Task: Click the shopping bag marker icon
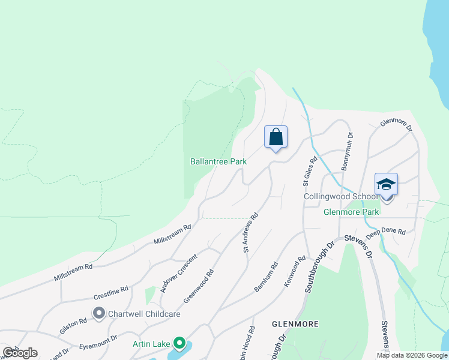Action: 276,137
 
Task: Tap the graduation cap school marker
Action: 386,184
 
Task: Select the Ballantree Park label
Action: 218,161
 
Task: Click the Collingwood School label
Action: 340,196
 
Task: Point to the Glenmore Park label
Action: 351,212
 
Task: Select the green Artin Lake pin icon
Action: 179,344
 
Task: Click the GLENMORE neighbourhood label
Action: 294,323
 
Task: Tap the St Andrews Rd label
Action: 250,232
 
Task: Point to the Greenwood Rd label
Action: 199,286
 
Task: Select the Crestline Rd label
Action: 111,293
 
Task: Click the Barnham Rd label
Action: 266,277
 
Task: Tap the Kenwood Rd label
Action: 295,271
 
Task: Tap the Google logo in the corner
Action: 20,352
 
